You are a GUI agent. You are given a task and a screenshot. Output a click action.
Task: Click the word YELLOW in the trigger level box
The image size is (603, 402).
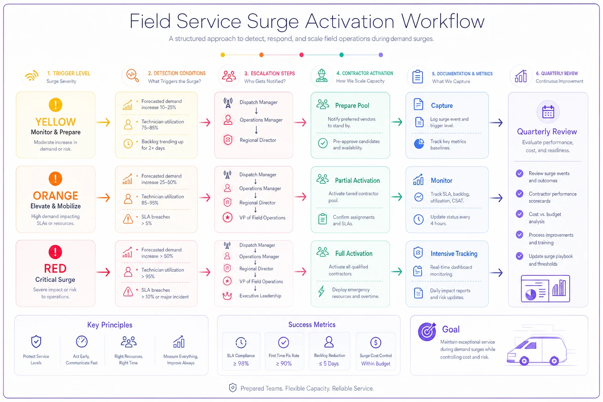pyautogui.click(x=55, y=122)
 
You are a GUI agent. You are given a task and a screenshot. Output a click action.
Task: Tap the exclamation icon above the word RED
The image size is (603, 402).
pyautogui.click(x=55, y=252)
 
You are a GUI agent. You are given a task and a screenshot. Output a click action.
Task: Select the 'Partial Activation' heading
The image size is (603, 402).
pyautogui.click(x=357, y=181)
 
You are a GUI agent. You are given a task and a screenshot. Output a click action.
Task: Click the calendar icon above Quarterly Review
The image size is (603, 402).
pyautogui.click(x=548, y=112)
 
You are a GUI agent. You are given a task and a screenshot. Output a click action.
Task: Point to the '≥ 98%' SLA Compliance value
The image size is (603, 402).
pyautogui.click(x=241, y=364)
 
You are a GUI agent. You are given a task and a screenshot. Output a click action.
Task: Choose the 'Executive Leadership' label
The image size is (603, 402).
pyautogui.click(x=260, y=296)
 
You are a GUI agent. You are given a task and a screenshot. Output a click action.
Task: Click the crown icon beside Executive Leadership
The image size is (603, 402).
pyautogui.click(x=227, y=296)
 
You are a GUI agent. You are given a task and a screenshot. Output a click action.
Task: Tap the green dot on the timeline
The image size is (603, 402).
pyautogui.click(x=341, y=55)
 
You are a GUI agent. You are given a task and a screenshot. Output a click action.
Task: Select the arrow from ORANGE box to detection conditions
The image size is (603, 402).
pyautogui.click(x=103, y=197)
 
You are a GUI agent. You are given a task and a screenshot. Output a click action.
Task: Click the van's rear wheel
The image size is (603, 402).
pyautogui.click(x=524, y=360)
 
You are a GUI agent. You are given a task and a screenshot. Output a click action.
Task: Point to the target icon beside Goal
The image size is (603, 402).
pyautogui.click(x=427, y=331)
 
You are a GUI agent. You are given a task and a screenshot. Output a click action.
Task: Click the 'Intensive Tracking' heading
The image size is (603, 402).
pyautogui.click(x=454, y=254)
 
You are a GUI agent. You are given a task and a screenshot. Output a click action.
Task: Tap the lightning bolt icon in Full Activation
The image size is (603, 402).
pyautogui.click(x=321, y=291)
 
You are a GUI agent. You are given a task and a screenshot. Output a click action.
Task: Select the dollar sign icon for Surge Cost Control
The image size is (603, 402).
pyautogui.click(x=376, y=342)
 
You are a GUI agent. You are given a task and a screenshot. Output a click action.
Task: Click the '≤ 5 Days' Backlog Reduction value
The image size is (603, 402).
pyautogui.click(x=329, y=364)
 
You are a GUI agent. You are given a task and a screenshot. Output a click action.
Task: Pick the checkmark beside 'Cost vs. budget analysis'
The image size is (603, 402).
pyautogui.click(x=519, y=214)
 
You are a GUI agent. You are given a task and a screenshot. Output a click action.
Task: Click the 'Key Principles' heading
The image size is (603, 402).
pyautogui.click(x=110, y=325)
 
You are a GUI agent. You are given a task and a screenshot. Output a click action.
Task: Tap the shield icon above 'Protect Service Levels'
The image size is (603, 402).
pyautogui.click(x=36, y=342)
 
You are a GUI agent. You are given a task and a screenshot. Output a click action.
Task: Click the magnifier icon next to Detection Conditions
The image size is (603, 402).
pyautogui.click(x=132, y=76)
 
